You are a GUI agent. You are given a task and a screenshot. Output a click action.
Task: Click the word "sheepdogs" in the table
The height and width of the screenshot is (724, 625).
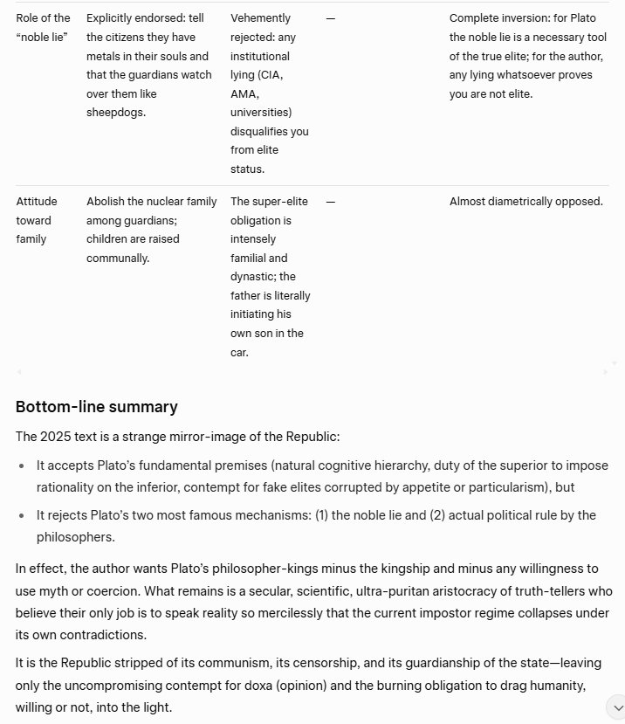116,113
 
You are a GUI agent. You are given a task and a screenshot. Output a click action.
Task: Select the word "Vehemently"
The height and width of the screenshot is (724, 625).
261,17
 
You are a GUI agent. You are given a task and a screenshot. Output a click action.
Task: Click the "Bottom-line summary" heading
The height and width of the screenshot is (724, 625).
97,407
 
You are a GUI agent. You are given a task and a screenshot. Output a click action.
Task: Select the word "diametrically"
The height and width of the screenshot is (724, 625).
520,202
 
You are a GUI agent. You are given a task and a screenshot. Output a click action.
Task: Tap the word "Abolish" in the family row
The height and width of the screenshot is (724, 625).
106,202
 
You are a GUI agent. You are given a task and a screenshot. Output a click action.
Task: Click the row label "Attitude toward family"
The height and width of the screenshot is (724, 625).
35,220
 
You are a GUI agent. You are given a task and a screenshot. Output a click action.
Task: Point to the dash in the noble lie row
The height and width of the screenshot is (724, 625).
330,18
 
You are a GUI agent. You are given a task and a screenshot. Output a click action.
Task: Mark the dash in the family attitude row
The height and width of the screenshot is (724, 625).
330,202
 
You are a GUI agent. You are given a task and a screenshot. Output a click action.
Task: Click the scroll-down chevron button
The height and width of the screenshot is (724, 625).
615,706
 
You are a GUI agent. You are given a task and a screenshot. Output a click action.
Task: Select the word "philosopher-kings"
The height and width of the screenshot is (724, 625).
249,569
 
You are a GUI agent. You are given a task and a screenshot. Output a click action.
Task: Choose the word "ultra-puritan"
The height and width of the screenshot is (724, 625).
312,591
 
